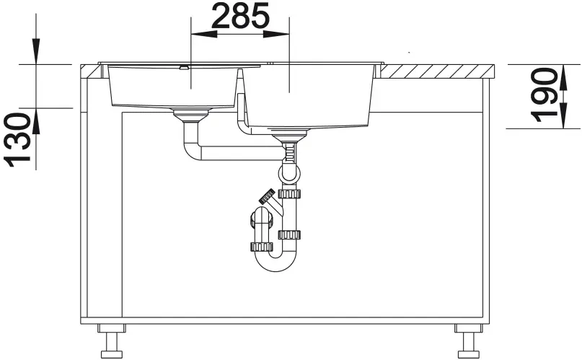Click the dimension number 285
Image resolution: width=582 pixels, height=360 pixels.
click(240, 16)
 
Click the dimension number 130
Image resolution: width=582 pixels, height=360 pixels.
click(17, 139)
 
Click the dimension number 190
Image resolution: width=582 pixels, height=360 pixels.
click(544, 95)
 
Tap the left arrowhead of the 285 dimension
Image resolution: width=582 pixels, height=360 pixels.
click(204, 34)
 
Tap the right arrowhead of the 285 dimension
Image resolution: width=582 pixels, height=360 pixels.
click(276, 34)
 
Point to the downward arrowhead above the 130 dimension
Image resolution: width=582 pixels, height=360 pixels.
click(36, 51)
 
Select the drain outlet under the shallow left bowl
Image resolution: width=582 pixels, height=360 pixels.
click(191, 115)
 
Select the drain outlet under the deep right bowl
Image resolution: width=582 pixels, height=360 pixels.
click(289, 136)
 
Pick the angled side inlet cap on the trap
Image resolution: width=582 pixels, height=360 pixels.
click(267, 196)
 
